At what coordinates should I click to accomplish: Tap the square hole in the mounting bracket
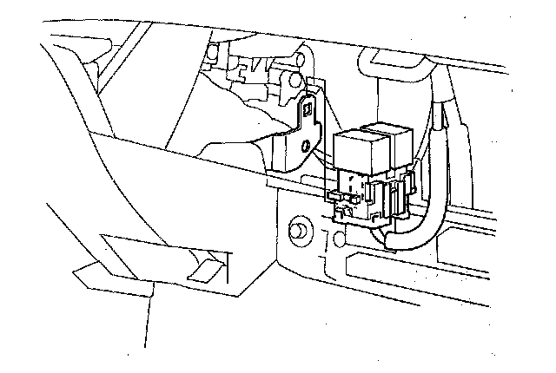pos(307,109)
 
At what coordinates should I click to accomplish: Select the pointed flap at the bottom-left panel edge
pos(83,278)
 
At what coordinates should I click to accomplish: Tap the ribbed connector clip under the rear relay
pos(401,196)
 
